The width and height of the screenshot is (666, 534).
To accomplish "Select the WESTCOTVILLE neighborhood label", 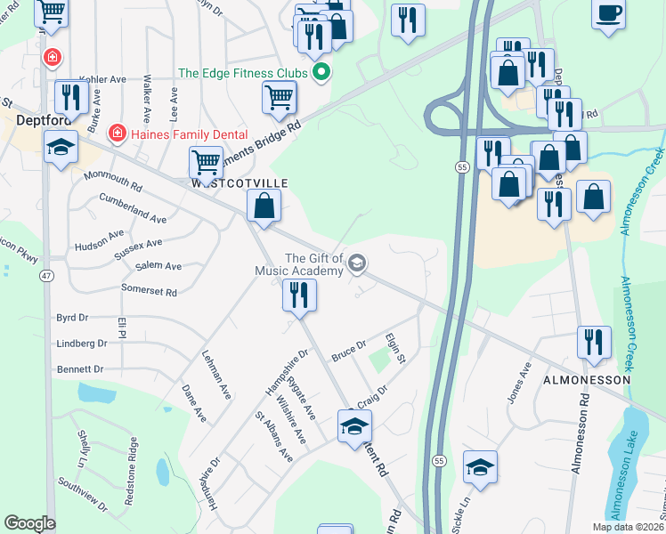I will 240,182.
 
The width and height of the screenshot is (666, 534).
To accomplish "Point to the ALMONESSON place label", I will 588,379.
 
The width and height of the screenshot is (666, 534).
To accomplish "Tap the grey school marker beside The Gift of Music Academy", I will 357,262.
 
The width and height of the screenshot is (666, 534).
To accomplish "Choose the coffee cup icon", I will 609,12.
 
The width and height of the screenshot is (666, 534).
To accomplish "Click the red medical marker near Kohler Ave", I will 53,58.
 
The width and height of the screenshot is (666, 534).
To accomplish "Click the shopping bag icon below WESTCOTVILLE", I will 264,207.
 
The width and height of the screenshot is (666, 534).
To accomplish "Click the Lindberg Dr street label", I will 81,344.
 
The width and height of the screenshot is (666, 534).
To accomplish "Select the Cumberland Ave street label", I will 133,208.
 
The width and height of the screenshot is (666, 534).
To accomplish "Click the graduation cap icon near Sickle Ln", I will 480,466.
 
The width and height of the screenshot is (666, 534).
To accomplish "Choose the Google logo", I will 29,523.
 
